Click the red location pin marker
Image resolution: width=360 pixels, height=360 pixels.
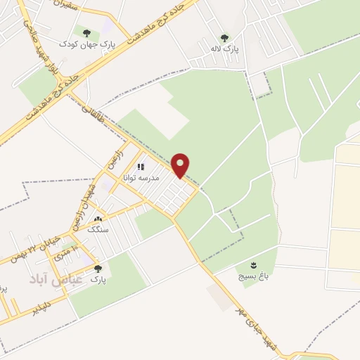pos(181,165)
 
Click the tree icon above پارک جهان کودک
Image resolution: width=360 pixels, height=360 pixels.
pos(86,32)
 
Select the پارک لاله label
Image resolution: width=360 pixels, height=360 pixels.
pos(225,50)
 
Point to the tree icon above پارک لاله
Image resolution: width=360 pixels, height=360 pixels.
pos(224,38)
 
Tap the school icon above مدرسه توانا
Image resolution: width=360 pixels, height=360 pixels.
pos(141,167)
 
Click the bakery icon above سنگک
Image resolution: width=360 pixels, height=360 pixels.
pos(97,219)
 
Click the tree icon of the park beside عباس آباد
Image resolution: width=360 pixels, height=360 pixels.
pos(97,268)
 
